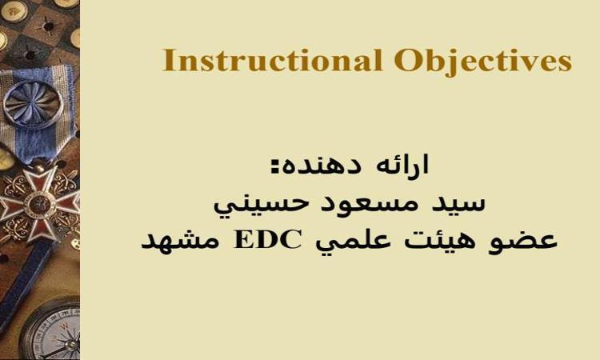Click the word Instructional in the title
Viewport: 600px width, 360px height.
click(273, 61)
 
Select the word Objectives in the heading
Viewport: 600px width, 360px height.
click(483, 62)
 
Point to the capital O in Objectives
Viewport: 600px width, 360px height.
click(406, 61)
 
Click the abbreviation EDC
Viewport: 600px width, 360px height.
click(267, 240)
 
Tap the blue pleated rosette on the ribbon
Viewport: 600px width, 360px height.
click(34, 103)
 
